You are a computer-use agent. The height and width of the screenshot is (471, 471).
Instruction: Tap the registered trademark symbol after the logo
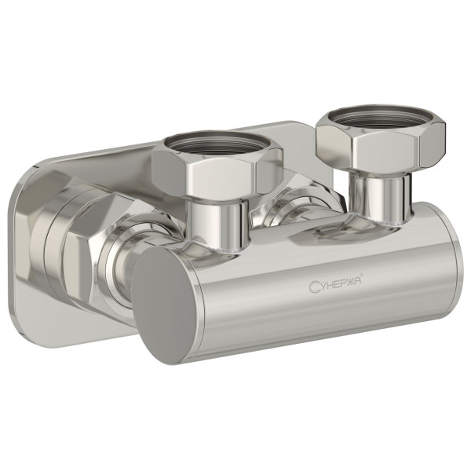361,274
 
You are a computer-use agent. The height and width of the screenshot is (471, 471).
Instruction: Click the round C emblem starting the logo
313,287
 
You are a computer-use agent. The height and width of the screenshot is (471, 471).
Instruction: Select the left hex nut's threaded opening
217,144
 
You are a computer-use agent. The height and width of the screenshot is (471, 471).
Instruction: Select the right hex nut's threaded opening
381,115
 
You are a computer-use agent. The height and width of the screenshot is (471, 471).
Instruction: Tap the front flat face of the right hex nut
385,150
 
